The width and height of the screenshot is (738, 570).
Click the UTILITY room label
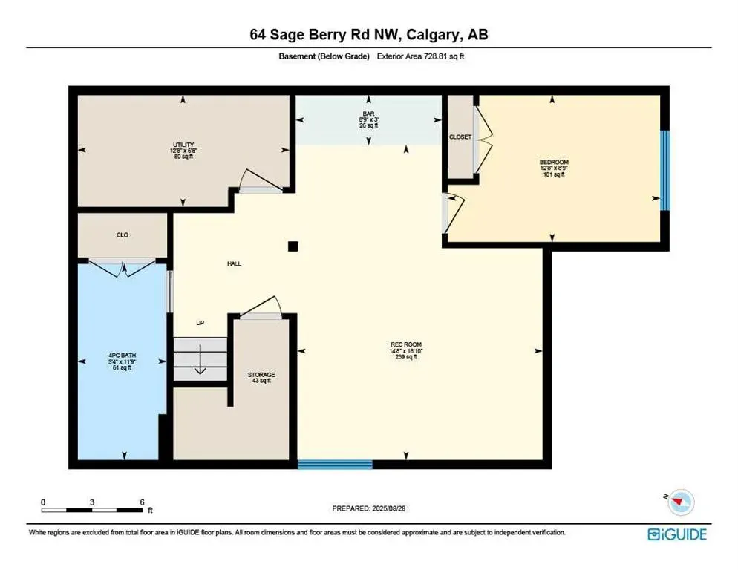click(x=183, y=143)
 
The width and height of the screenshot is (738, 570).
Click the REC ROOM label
click(x=407, y=344)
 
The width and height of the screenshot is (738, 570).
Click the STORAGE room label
click(x=261, y=375)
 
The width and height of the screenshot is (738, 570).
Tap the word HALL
click(x=234, y=263)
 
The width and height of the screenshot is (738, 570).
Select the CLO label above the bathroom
click(x=123, y=235)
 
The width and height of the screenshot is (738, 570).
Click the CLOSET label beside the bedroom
click(x=460, y=137)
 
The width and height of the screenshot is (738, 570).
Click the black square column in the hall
click(x=293, y=246)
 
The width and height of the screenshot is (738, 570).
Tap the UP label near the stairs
click(x=200, y=323)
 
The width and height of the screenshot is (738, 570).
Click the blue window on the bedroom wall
click(x=665, y=171)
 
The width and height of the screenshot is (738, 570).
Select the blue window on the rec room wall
click(x=335, y=465)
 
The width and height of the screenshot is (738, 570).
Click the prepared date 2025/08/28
click(x=369, y=508)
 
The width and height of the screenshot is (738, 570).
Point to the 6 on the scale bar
click(x=141, y=502)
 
